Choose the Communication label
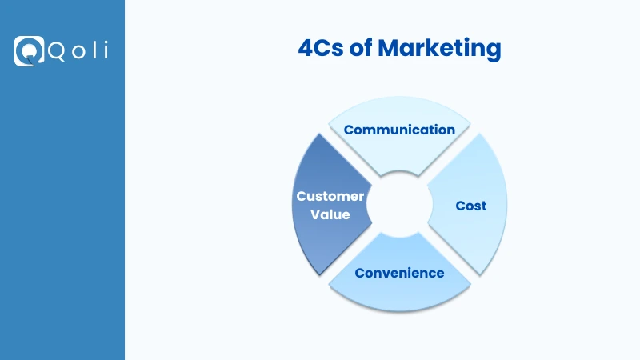(399, 130)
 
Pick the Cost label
(471, 206)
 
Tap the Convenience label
(399, 273)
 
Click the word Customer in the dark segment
(330, 196)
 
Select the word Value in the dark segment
(330, 214)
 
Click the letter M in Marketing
(390, 49)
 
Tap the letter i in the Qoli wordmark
(104, 50)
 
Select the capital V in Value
(315, 214)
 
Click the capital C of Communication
(349, 130)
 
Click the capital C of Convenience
(360, 273)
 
